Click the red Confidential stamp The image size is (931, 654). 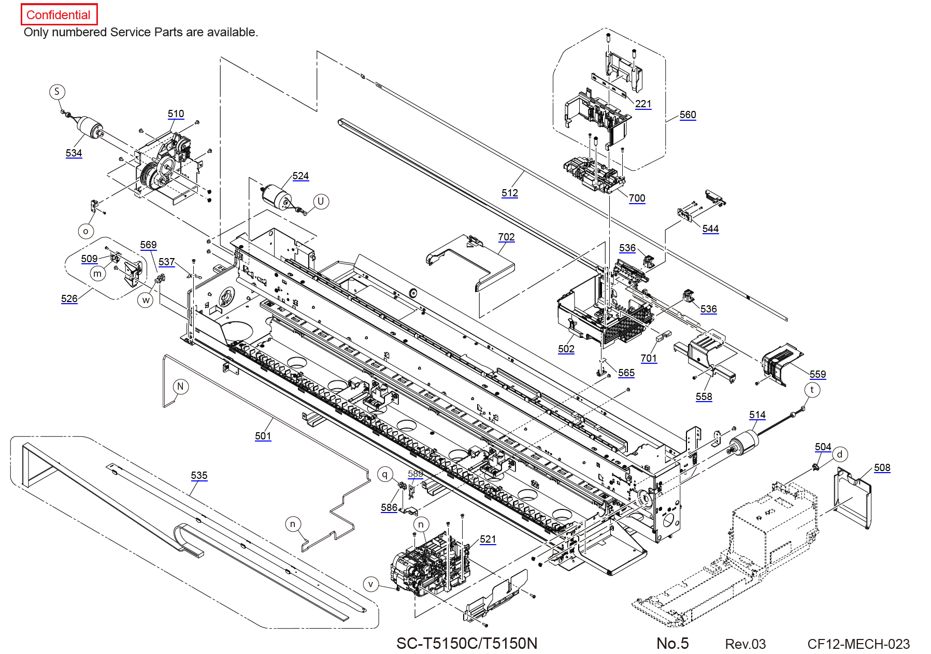click(59, 15)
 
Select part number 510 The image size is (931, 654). click(176, 114)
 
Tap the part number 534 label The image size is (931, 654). click(74, 153)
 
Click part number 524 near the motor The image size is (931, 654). click(300, 176)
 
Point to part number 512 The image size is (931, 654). click(510, 193)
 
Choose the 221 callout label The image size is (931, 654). click(643, 104)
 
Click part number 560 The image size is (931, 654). click(688, 115)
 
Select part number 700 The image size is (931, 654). click(637, 198)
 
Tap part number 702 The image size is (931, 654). click(507, 237)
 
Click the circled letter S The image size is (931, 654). click(57, 92)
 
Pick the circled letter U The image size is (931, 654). click(321, 202)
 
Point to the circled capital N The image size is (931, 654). click(180, 387)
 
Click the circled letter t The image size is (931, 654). click(812, 390)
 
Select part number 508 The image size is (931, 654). click(882, 468)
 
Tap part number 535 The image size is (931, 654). click(199, 476)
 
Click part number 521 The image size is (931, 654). click(488, 539)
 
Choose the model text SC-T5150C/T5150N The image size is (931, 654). click(467, 644)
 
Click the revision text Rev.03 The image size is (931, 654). click(746, 644)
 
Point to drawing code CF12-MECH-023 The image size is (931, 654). click(858, 644)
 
